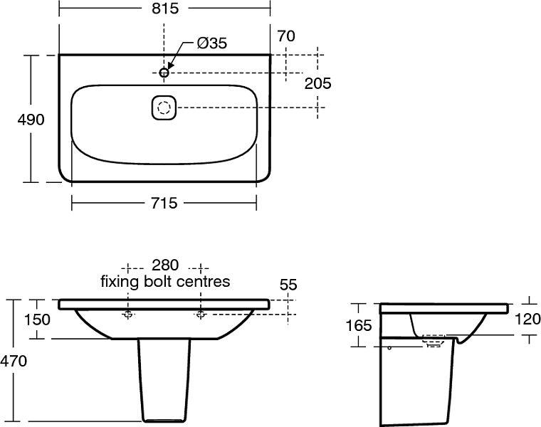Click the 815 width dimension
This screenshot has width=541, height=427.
point(165,9)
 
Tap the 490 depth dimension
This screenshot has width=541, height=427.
point(31,120)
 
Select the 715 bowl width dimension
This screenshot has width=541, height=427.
point(164,203)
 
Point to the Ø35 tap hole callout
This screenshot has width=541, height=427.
point(212,43)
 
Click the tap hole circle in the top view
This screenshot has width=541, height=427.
point(164,73)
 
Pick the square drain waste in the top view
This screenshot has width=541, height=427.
point(164,107)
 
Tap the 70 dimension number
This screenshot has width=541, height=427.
point(286,36)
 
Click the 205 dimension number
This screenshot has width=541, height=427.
point(317,83)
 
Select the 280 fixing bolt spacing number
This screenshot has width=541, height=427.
point(165,265)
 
